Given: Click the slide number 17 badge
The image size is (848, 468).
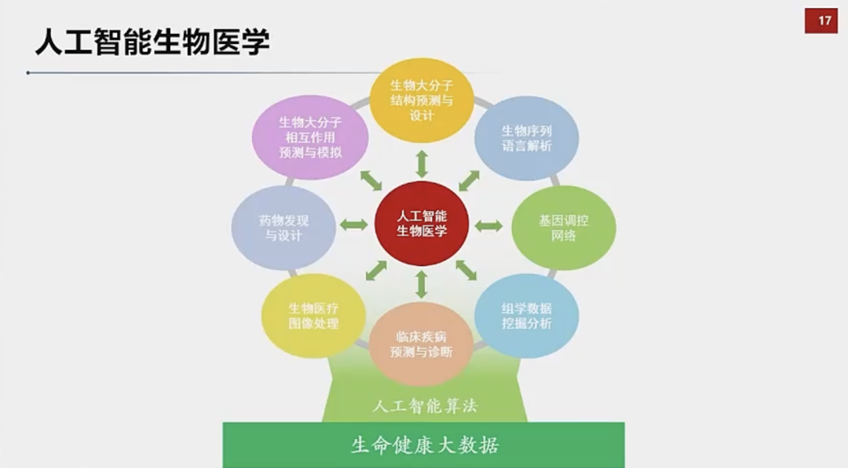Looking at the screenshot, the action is pyautogui.click(x=821, y=21).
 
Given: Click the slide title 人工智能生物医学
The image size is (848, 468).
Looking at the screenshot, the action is pyautogui.click(x=152, y=42).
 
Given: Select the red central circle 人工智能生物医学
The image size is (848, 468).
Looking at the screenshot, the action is pyautogui.click(x=422, y=224).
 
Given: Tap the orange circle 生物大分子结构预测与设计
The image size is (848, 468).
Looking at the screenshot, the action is pyautogui.click(x=422, y=100).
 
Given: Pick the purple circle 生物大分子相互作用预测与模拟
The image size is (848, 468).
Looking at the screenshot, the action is pyautogui.click(x=310, y=137).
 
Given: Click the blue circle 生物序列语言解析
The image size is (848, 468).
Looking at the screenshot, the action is pyautogui.click(x=527, y=138).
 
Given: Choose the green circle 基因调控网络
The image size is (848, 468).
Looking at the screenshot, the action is pyautogui.click(x=564, y=228).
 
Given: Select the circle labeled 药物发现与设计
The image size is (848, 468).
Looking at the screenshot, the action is pyautogui.click(x=283, y=228).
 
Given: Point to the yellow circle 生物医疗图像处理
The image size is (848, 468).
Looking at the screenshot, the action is pyautogui.click(x=313, y=316).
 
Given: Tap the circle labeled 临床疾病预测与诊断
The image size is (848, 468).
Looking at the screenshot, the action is pyautogui.click(x=422, y=344).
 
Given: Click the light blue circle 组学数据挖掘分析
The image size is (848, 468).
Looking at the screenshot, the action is pyautogui.click(x=527, y=316).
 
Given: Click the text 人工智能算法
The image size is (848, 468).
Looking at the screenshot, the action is pyautogui.click(x=425, y=406).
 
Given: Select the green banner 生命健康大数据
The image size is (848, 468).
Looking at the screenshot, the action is pyautogui.click(x=423, y=444).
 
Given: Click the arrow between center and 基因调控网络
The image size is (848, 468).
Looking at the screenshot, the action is pyautogui.click(x=489, y=225).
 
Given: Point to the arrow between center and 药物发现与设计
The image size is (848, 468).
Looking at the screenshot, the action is pyautogui.click(x=354, y=225).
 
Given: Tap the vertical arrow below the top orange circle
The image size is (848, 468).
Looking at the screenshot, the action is pyautogui.click(x=422, y=164).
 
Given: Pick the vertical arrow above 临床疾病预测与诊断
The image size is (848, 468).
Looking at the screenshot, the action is pyautogui.click(x=422, y=284).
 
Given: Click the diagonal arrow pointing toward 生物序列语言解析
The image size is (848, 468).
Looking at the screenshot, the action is pyautogui.click(x=469, y=181).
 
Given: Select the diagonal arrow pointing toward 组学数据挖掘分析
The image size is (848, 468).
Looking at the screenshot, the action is pyautogui.click(x=466, y=270).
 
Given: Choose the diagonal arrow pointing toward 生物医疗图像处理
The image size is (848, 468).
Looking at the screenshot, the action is pyautogui.click(x=376, y=271).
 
